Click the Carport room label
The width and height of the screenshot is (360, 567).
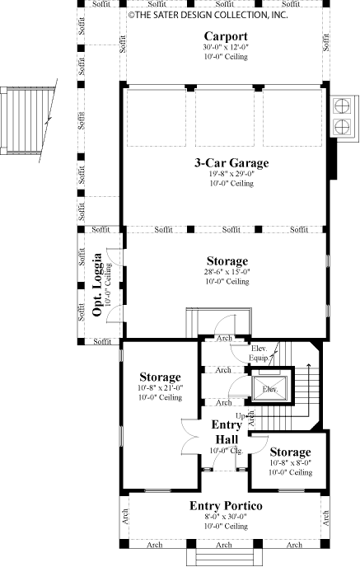[x=227, y=37]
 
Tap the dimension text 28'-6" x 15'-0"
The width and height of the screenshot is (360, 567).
[x=226, y=271]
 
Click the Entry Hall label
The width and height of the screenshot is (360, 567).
[x=226, y=431]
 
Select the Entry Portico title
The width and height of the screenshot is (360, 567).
[x=226, y=504]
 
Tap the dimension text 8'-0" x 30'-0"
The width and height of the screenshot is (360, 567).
[x=226, y=516]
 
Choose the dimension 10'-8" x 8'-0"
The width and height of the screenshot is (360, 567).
[x=289, y=463]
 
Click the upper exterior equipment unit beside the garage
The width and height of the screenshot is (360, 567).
[x=340, y=106]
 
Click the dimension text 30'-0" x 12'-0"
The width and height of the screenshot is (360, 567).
[x=226, y=48]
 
